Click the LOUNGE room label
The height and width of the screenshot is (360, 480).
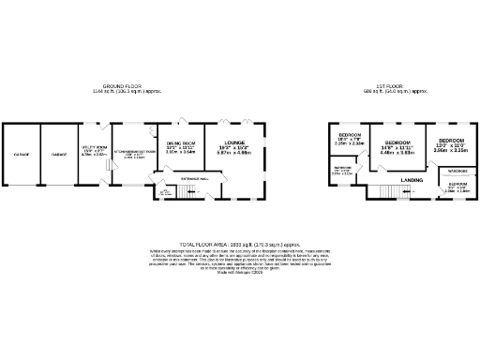(x=235, y=142)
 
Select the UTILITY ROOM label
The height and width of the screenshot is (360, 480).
(x=95, y=147)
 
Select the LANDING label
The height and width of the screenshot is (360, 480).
(x=411, y=179)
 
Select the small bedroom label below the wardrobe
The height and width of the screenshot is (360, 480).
(x=457, y=186)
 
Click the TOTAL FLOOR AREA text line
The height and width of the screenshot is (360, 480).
(x=240, y=243)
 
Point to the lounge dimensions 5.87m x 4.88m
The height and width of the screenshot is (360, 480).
(x=235, y=154)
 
